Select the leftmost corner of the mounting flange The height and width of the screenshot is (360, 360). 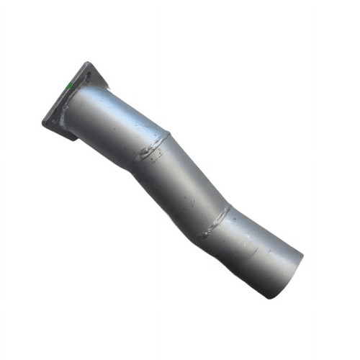pyautogui.click(x=44, y=123)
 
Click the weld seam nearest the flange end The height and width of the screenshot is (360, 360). pyautogui.click(x=155, y=148)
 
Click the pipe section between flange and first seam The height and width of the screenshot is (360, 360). pyautogui.click(x=115, y=122)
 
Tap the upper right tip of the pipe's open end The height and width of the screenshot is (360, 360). pyautogui.click(x=302, y=254)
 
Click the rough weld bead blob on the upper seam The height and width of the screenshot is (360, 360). pyautogui.click(x=151, y=151)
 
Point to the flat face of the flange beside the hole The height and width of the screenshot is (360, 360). pyautogui.click(x=78, y=83)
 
